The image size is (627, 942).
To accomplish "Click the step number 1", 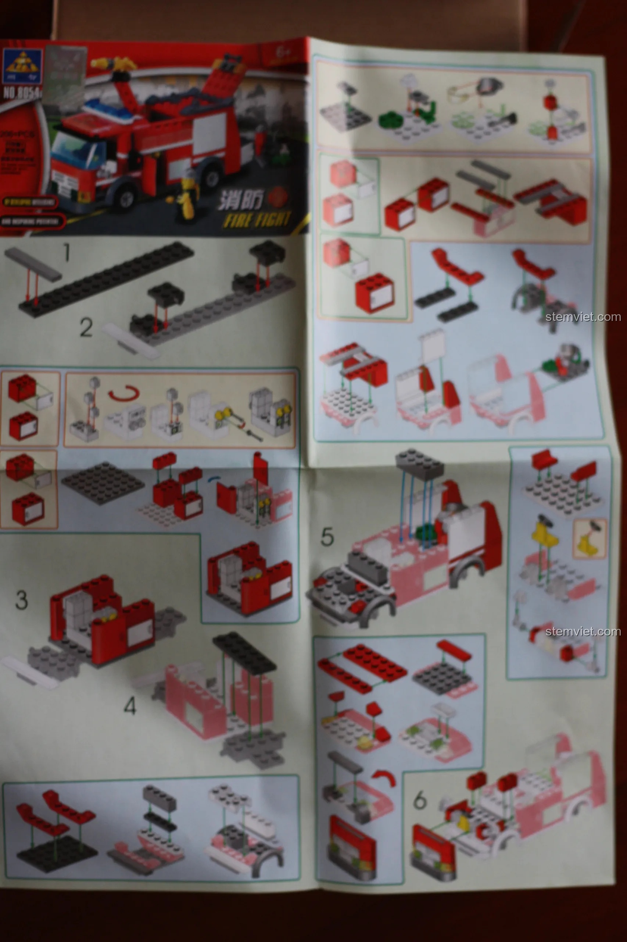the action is pos(67,253).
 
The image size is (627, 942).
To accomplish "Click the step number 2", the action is pos(86,327).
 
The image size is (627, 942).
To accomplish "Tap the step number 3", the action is pos(22,600).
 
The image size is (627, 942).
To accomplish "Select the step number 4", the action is pos(130,706).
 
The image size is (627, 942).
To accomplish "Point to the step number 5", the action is pos(327,537).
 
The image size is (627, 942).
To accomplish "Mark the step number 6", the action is pos(420,800).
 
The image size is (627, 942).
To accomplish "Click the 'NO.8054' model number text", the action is pos(22,93).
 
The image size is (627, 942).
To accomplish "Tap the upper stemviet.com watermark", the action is pos(583,317).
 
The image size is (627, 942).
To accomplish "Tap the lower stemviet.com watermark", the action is pos(583,632).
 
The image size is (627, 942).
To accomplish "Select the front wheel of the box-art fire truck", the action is pos(126,197).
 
